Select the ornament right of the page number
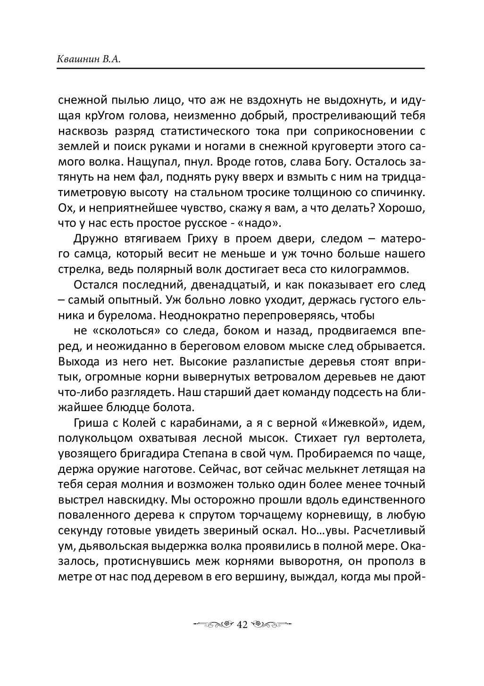pyautogui.click(x=272, y=625)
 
